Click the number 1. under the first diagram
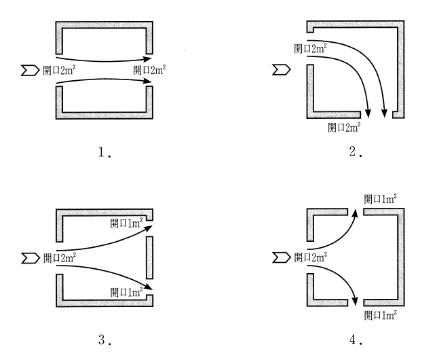point(104,153)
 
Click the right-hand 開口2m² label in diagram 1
point(149,69)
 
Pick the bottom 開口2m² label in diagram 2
point(344,126)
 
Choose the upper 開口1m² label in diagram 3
point(127,223)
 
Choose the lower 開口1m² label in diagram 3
point(127,292)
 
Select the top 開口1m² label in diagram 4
point(380,198)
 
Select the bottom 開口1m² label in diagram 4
point(380,315)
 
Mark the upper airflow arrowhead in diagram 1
point(147,58)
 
